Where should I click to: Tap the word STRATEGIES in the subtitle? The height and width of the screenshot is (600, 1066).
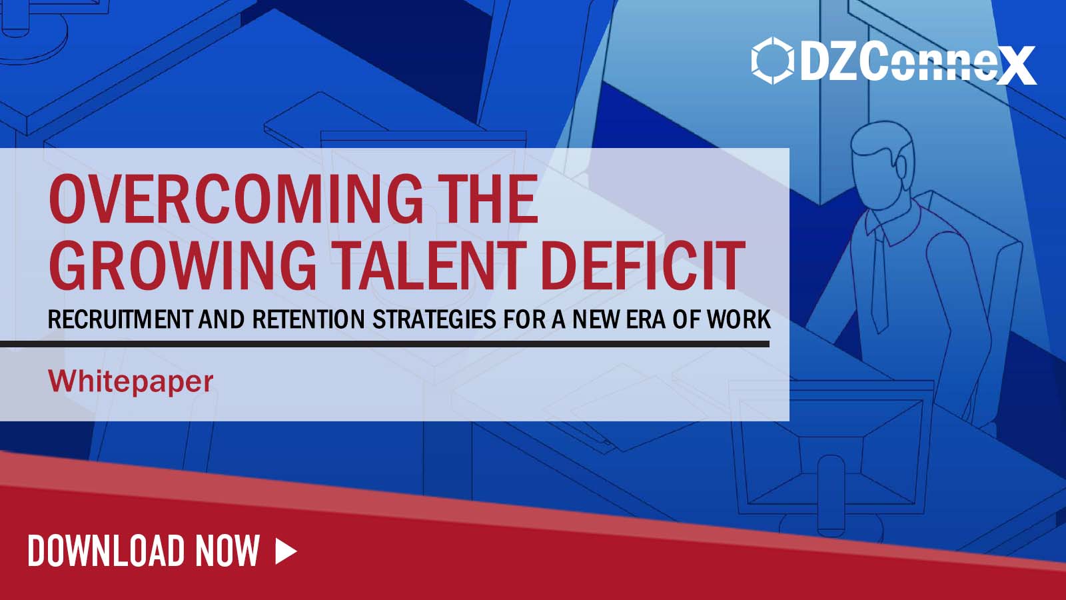(434, 320)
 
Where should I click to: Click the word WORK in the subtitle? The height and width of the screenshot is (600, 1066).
(739, 320)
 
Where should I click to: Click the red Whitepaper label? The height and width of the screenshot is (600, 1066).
(131, 381)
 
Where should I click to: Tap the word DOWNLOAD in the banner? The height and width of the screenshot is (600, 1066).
(106, 551)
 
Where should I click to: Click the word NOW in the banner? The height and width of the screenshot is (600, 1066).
(227, 551)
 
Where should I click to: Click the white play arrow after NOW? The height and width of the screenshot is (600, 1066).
(286, 551)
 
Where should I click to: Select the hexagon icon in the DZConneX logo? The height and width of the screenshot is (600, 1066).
(772, 61)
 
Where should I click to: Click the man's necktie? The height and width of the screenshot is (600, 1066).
(879, 280)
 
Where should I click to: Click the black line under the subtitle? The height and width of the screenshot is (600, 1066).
(384, 344)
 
